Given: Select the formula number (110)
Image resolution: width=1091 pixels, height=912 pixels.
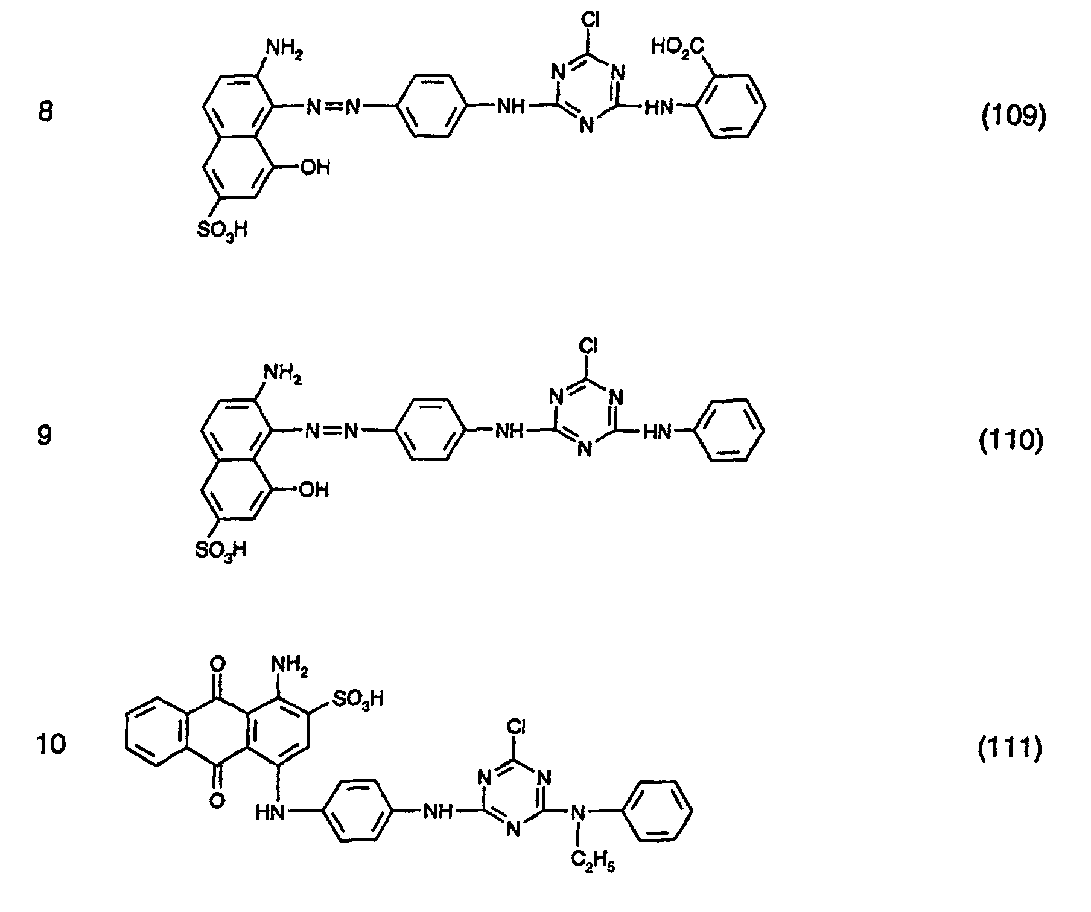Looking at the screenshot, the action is pyautogui.click(x=1010, y=441).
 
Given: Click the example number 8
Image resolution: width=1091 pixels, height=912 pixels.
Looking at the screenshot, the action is pyautogui.click(x=45, y=113).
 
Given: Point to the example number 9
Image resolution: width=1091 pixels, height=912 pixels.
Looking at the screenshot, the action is pyautogui.click(x=45, y=435).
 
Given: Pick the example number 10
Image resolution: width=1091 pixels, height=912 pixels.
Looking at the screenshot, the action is pyautogui.click(x=51, y=744).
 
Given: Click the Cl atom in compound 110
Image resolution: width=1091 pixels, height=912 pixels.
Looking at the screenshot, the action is pyautogui.click(x=588, y=346).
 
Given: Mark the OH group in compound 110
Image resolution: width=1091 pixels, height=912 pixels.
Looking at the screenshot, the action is pyautogui.click(x=313, y=489).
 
